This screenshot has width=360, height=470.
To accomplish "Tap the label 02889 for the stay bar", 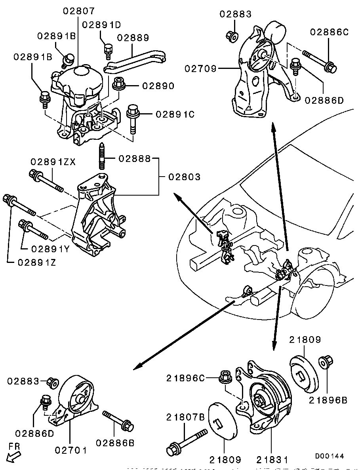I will click(133, 38).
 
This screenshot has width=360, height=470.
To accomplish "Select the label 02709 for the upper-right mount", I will click(200, 69).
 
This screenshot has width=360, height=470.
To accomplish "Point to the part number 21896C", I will click(185, 378).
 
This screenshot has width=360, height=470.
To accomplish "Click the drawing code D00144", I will click(329, 456).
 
